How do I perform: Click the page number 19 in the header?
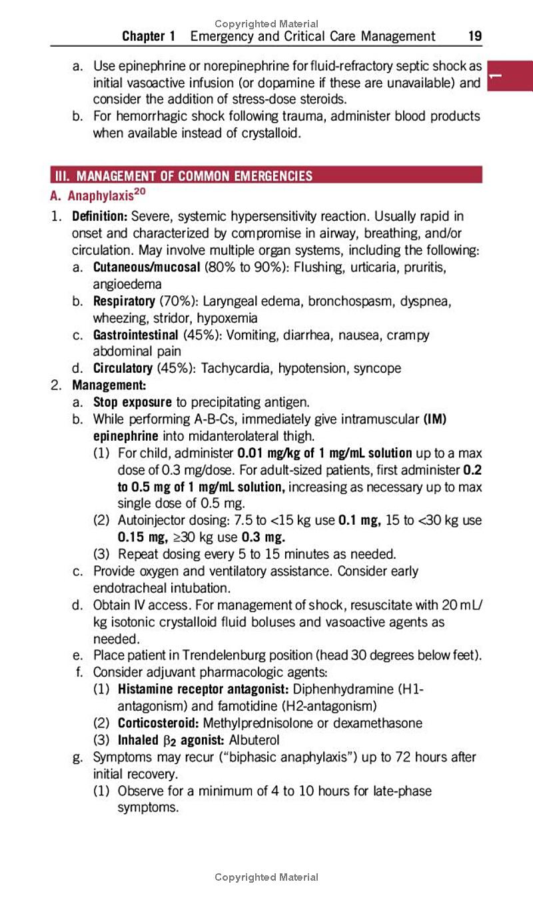474,36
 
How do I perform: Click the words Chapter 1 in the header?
149,36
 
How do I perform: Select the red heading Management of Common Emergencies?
194,176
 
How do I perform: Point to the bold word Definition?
99,217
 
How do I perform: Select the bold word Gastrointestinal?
135,335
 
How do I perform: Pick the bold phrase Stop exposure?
132,402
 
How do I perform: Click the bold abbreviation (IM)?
434,419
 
